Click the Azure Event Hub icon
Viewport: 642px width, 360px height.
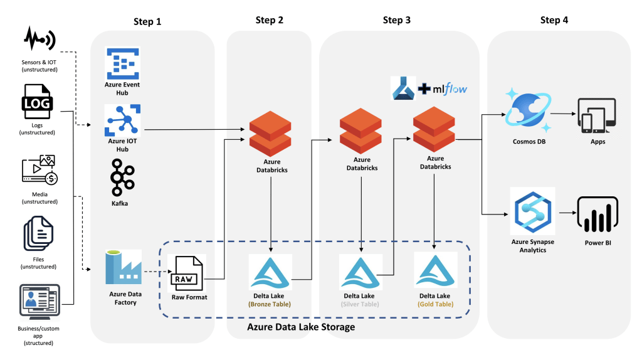(x=123, y=63)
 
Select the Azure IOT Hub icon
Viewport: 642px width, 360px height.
(x=123, y=120)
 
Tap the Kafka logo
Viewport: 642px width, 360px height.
(x=122, y=177)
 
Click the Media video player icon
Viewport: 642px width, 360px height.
(x=38, y=171)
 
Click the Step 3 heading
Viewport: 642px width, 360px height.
(x=397, y=21)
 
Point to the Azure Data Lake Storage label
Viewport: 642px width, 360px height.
(x=301, y=327)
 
